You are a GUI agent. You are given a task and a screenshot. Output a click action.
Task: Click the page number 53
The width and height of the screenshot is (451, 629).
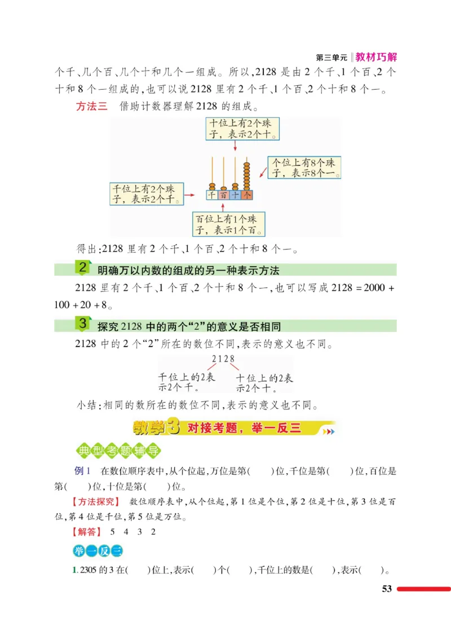coord(386,589)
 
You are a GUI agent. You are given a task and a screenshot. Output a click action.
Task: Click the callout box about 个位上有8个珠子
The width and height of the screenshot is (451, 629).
coord(304,168)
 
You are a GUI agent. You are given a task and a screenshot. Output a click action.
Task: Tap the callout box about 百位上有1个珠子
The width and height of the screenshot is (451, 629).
coord(228,224)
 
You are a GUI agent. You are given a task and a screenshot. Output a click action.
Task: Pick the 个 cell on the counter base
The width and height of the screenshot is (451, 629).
coord(246,195)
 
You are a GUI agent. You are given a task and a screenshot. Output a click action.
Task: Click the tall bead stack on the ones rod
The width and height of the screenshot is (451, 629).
coord(246,176)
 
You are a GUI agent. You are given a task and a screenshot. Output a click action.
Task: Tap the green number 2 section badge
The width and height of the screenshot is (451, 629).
coord(82,268)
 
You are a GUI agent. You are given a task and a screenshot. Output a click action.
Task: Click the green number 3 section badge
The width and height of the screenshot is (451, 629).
coord(82,325)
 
